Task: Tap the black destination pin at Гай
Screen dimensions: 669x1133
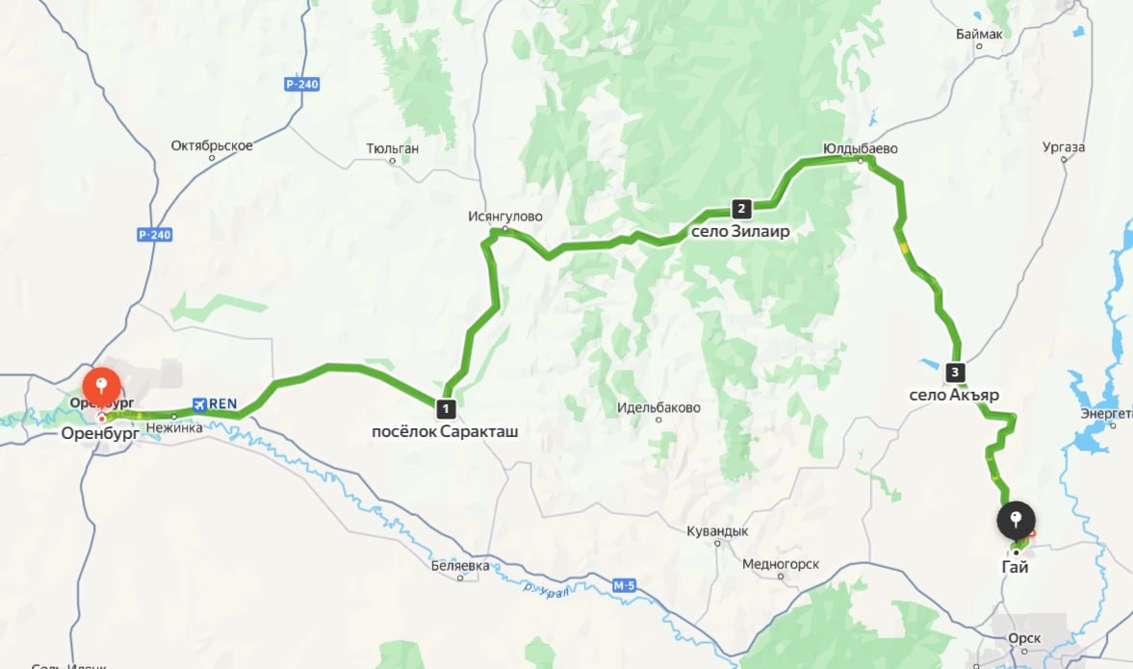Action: pos(1016,521)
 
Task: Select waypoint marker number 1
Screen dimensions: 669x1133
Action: pos(444,408)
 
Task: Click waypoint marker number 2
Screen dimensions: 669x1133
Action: pos(741,209)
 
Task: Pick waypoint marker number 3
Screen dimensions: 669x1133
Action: pos(955,372)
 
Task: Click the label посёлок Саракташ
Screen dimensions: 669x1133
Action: pos(445,432)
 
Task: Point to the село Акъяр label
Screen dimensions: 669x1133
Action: pos(955,395)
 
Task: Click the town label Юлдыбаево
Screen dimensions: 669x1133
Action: pos(861,149)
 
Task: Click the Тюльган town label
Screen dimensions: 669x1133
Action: pos(393,149)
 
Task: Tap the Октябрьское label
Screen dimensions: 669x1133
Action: pos(212,145)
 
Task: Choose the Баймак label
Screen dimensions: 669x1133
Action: pos(980,35)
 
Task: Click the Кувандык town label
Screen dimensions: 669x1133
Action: pos(717,531)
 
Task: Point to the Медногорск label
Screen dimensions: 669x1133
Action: pos(781,564)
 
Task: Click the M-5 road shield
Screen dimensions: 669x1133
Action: pos(625,583)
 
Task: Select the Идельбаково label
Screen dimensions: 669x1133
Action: pos(658,407)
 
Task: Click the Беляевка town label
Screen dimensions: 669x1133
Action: pos(460,566)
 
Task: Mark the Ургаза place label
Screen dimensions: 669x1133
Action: pos(1064,147)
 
